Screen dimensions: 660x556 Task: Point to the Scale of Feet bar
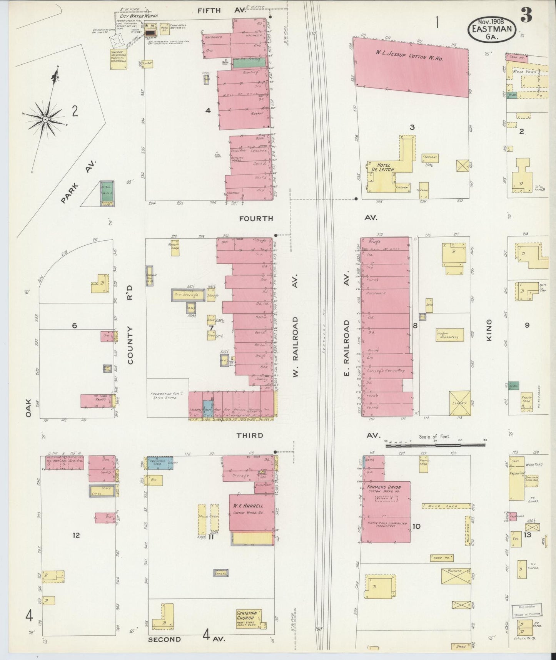click(435, 445)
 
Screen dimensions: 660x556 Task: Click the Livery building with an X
click(459, 403)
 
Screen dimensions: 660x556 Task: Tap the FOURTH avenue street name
click(256, 218)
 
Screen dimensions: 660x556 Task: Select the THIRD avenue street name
click(250, 436)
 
